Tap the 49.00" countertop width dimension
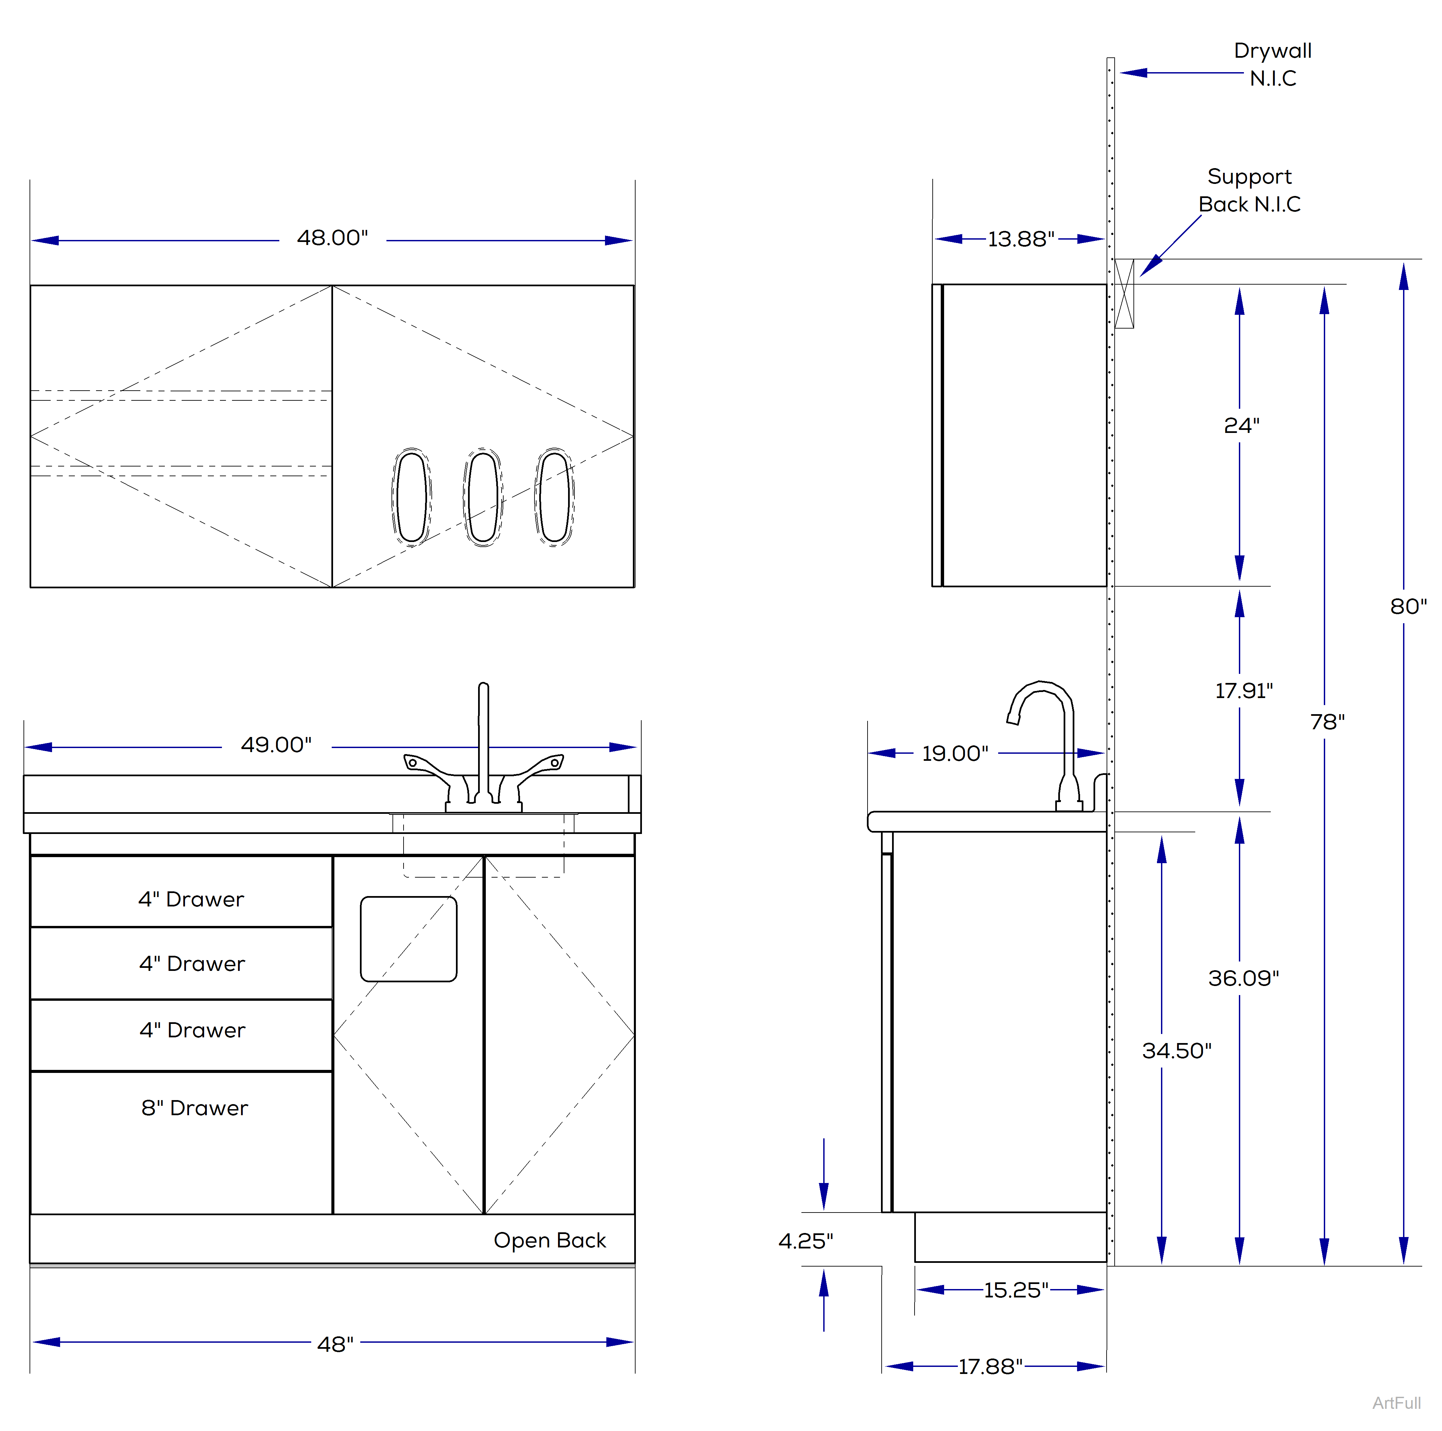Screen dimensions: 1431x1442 (x=276, y=745)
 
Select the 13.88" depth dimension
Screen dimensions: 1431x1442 (x=1020, y=240)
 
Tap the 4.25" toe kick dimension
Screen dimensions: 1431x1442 (x=805, y=1241)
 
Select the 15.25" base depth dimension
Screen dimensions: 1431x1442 (x=1016, y=1290)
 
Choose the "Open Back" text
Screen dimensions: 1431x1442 (x=549, y=1240)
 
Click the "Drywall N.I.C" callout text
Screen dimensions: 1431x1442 (x=1272, y=64)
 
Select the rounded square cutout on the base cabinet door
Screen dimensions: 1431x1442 (x=408, y=939)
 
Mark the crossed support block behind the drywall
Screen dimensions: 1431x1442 (x=1124, y=293)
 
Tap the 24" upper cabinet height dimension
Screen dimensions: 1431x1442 (x=1241, y=425)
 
